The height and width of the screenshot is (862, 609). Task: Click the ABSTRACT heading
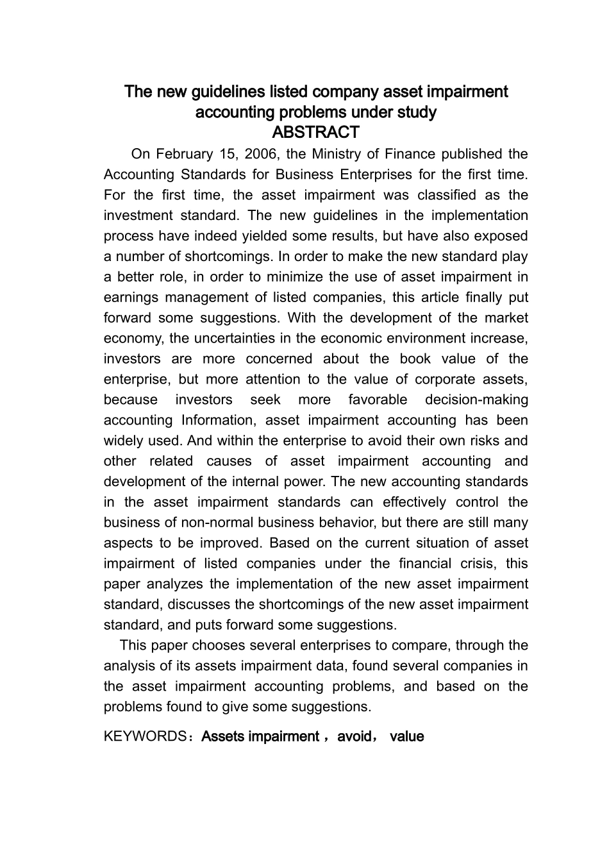tap(315, 133)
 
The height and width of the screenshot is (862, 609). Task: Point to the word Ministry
tap(337, 154)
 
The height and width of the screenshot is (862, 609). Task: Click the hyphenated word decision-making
tap(477, 400)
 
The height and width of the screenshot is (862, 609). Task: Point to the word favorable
tap(378, 400)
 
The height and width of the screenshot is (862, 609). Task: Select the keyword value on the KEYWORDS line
tap(406, 736)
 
